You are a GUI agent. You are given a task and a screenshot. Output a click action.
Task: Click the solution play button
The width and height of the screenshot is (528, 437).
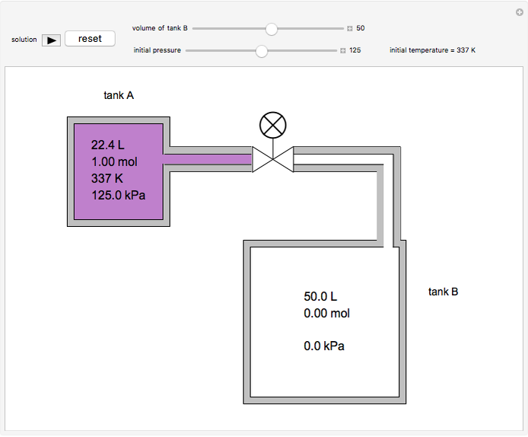[x=51, y=40]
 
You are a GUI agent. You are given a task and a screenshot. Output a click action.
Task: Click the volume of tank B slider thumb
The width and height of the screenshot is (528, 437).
[x=271, y=28]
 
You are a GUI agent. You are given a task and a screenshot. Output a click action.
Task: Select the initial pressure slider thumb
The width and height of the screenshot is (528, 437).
[x=262, y=51]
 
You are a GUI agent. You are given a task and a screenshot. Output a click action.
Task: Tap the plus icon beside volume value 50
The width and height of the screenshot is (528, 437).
[x=350, y=28]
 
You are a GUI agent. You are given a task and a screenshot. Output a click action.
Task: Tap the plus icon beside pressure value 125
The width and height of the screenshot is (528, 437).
[x=343, y=51]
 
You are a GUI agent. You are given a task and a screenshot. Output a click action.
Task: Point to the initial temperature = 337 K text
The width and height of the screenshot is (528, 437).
[x=432, y=51]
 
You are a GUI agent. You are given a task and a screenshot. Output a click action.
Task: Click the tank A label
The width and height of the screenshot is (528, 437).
[x=119, y=95]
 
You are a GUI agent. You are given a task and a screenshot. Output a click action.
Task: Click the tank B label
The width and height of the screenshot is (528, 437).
[x=443, y=292]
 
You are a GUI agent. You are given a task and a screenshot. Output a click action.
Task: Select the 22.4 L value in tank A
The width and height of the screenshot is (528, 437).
[x=108, y=145]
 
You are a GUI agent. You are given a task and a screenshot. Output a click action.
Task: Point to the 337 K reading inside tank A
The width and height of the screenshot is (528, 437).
[x=107, y=178]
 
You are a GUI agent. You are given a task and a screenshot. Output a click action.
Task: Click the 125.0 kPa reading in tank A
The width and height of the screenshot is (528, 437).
[x=118, y=195]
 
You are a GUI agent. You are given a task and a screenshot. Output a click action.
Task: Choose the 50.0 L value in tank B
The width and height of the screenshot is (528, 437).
[x=320, y=296]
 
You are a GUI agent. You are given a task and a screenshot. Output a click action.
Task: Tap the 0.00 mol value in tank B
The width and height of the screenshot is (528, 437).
[x=326, y=313]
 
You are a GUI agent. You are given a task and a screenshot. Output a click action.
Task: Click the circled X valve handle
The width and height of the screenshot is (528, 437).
[x=272, y=124]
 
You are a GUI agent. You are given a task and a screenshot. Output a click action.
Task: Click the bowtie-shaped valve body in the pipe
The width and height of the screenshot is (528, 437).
[x=273, y=159]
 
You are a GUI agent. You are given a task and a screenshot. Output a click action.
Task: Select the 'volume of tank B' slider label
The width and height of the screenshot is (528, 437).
[x=160, y=28]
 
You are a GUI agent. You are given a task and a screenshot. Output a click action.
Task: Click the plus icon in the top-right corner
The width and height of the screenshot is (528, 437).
[x=519, y=11]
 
